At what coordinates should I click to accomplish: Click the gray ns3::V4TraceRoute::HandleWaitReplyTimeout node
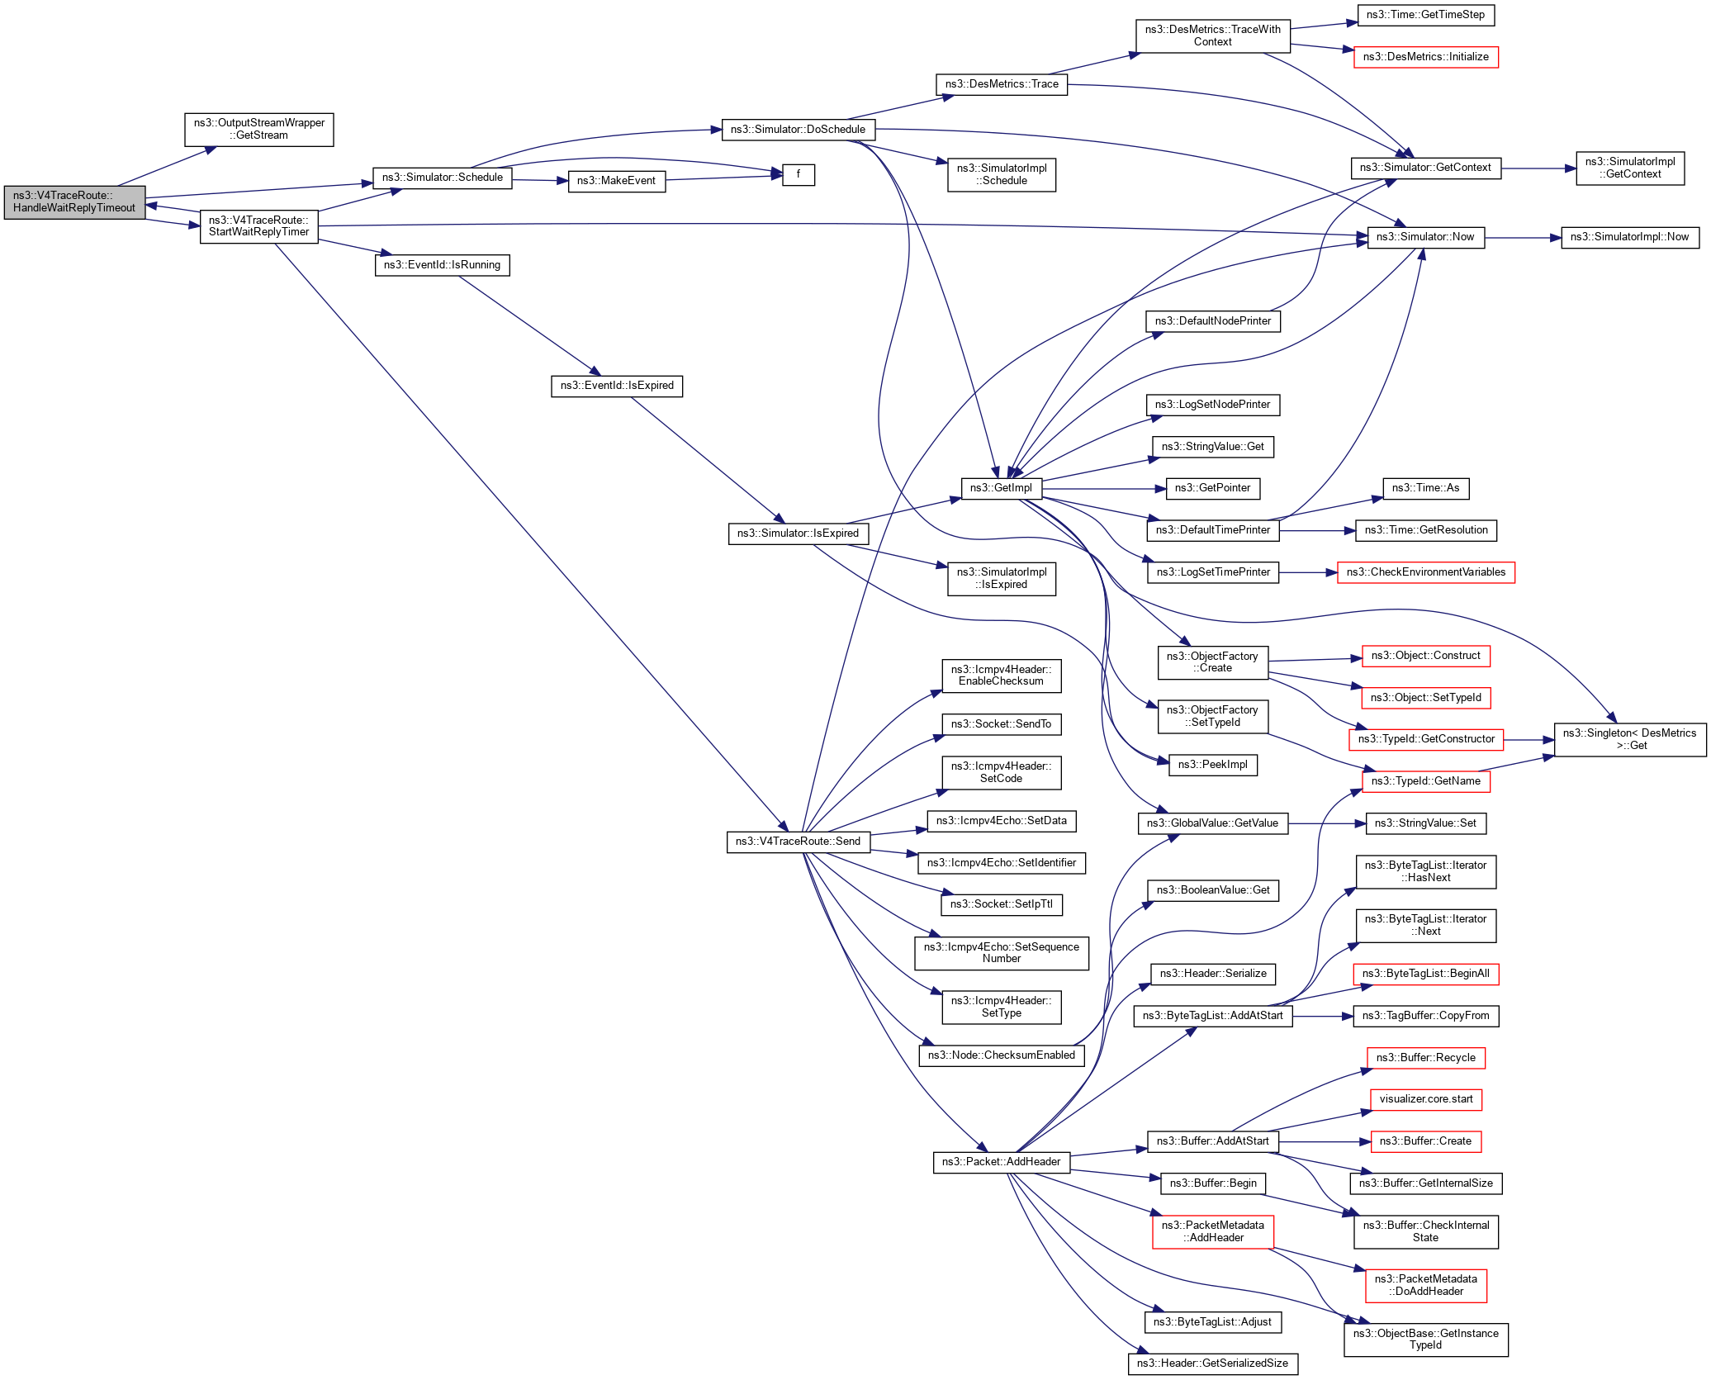[x=74, y=202]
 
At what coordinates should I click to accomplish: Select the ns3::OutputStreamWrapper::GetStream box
[x=258, y=130]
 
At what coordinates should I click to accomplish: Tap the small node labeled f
[x=798, y=175]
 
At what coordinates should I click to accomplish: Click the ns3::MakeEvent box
[x=616, y=181]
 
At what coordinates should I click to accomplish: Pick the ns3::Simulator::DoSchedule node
[x=798, y=130]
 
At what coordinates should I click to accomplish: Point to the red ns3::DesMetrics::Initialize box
[x=1425, y=57]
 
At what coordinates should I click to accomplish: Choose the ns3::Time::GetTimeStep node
[x=1425, y=15]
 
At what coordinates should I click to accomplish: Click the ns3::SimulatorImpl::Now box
[x=1629, y=237]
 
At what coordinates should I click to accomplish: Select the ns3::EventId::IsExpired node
[x=617, y=386]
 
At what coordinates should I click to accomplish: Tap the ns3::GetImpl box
[x=1001, y=488]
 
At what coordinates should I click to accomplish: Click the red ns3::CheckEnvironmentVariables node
[x=1425, y=572]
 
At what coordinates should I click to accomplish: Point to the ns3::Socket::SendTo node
[x=1001, y=724]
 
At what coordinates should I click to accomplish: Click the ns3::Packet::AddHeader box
[x=1001, y=1162]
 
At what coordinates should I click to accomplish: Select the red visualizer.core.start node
[x=1425, y=1099]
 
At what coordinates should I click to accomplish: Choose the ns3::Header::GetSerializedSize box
[x=1212, y=1363]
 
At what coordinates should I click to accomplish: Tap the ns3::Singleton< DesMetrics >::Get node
[x=1629, y=739]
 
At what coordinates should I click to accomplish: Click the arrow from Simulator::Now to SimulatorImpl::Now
[x=1523, y=238]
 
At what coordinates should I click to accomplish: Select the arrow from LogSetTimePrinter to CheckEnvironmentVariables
[x=1308, y=572]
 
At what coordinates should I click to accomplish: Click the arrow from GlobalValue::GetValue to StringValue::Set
[x=1326, y=823]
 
